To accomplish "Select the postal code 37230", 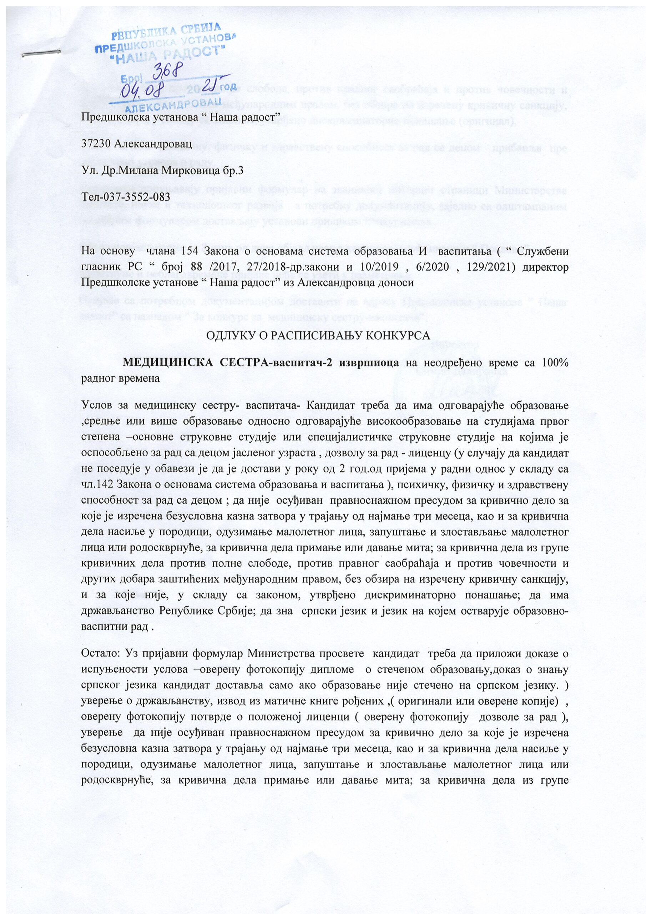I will click(96, 144).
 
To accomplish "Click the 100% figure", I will click(555, 363).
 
